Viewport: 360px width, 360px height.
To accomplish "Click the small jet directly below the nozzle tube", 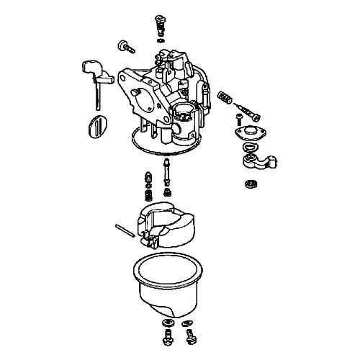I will (167, 192).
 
